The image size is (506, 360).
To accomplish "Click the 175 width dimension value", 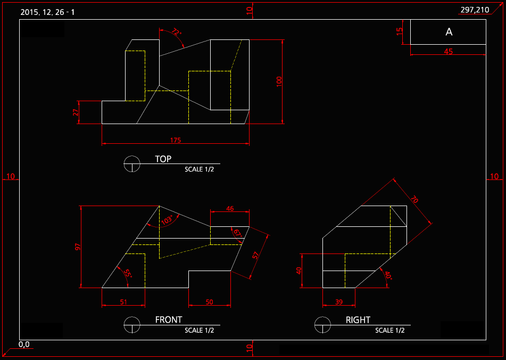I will (176, 141).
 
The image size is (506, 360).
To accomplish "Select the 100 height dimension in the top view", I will (279, 81).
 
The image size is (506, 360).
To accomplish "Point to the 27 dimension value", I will (76, 112).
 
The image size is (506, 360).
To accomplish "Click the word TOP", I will (163, 159).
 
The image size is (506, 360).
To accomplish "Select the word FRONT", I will (169, 320).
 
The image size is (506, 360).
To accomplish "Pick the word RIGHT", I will (358, 320).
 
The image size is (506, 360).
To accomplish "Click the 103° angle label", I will (167, 219).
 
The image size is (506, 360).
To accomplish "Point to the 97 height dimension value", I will (78, 247).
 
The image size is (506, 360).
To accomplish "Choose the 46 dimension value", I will (230, 209).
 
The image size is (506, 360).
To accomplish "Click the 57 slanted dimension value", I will (256, 255).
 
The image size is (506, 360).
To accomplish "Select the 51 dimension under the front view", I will (123, 302).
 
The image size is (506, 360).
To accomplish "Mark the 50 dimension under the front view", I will (209, 302).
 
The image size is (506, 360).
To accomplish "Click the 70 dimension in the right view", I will (414, 200).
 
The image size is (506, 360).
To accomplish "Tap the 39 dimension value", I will (338, 302).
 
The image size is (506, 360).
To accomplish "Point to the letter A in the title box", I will (449, 32).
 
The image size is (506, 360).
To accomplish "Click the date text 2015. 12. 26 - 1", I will (47, 12).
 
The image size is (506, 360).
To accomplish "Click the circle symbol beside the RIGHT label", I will (322, 324).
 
